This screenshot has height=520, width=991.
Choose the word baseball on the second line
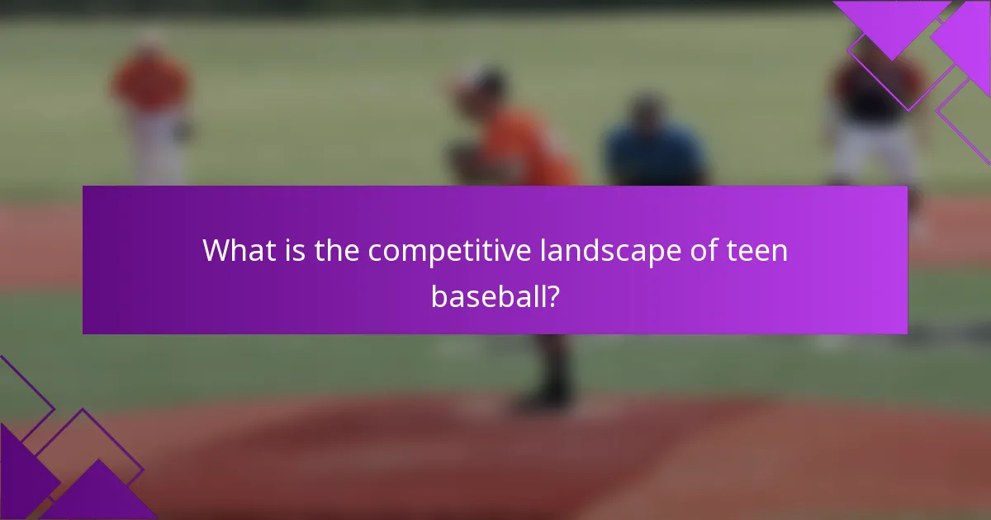coord(485,295)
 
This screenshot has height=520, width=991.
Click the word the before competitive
coord(337,250)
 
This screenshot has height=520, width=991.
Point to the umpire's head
coord(648,111)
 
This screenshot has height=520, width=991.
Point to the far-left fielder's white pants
coord(157,153)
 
